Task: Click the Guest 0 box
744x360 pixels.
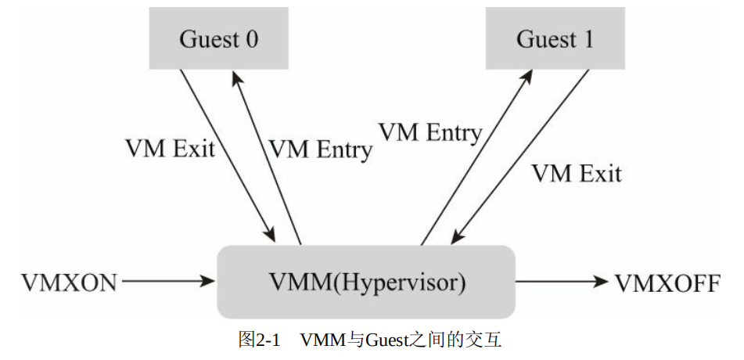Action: pos(218,40)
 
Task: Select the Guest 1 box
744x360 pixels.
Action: pos(555,40)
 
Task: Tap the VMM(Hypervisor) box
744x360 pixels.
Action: pos(365,282)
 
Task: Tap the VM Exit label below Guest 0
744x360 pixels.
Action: pos(170,148)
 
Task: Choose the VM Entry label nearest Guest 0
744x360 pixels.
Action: pos(320,149)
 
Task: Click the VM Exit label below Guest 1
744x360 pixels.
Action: pos(577,173)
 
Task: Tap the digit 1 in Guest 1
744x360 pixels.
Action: pos(588,40)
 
